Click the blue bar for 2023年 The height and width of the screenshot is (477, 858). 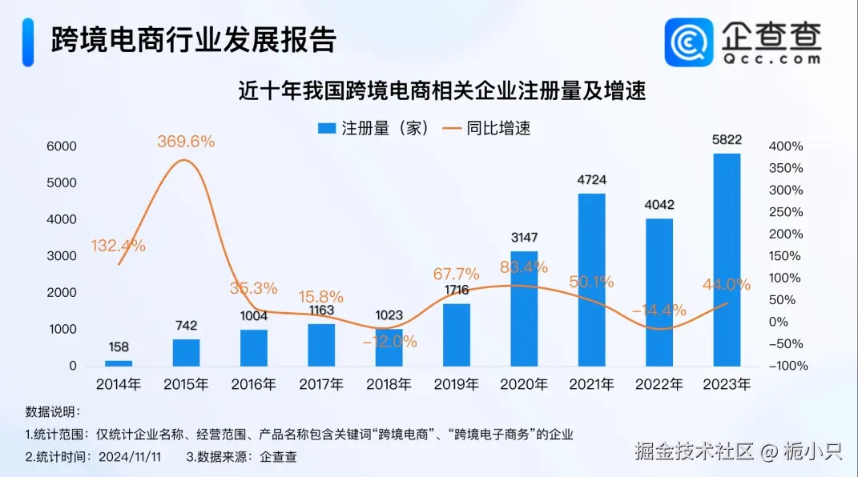tap(727, 259)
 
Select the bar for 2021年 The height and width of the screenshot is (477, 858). tap(591, 279)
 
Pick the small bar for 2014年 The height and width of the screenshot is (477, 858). tap(119, 363)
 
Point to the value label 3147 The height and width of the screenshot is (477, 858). tap(524, 237)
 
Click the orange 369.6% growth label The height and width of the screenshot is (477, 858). tap(186, 142)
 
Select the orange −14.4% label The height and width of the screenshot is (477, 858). tap(659, 310)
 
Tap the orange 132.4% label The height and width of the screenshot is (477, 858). tap(119, 246)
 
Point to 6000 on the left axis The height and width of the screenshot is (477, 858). tap(61, 146)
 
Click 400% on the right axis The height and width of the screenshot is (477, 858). tap(786, 146)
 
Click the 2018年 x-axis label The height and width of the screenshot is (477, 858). tap(389, 384)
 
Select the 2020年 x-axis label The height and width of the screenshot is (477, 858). tap(524, 384)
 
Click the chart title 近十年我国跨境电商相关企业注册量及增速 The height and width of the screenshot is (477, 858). tap(442, 90)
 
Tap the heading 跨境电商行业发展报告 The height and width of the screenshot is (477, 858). tap(193, 39)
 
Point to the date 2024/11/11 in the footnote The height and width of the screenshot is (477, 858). tap(131, 457)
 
